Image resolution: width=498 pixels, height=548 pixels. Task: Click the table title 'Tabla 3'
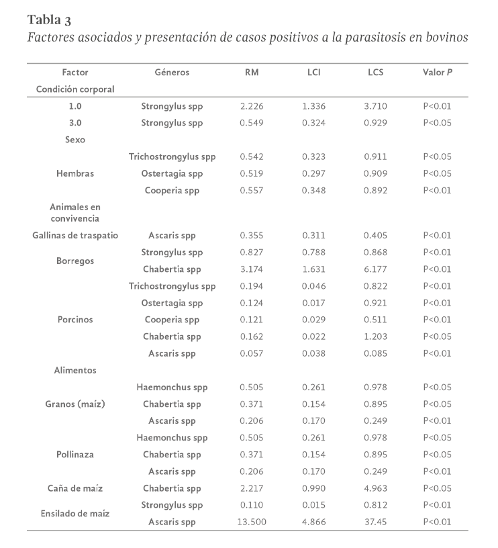point(50,18)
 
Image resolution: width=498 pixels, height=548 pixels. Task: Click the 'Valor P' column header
point(437,72)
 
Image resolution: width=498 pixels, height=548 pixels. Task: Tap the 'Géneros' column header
point(172,72)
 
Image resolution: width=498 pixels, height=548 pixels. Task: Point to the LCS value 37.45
point(375,522)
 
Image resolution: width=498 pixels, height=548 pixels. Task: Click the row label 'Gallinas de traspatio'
point(75,236)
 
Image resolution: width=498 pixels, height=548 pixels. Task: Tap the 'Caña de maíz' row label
point(75,488)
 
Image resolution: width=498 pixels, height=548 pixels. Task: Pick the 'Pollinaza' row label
point(75,455)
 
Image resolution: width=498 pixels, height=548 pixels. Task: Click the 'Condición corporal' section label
point(75,89)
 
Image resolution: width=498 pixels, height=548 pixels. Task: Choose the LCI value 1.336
point(313,106)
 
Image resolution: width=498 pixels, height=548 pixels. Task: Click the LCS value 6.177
point(375,269)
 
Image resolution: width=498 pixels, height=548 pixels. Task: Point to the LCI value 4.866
point(313,522)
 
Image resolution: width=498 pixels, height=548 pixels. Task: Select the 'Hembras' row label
point(75,173)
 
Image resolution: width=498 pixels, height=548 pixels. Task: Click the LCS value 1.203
point(375,336)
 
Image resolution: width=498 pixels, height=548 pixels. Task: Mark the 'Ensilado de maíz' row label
point(75,513)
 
